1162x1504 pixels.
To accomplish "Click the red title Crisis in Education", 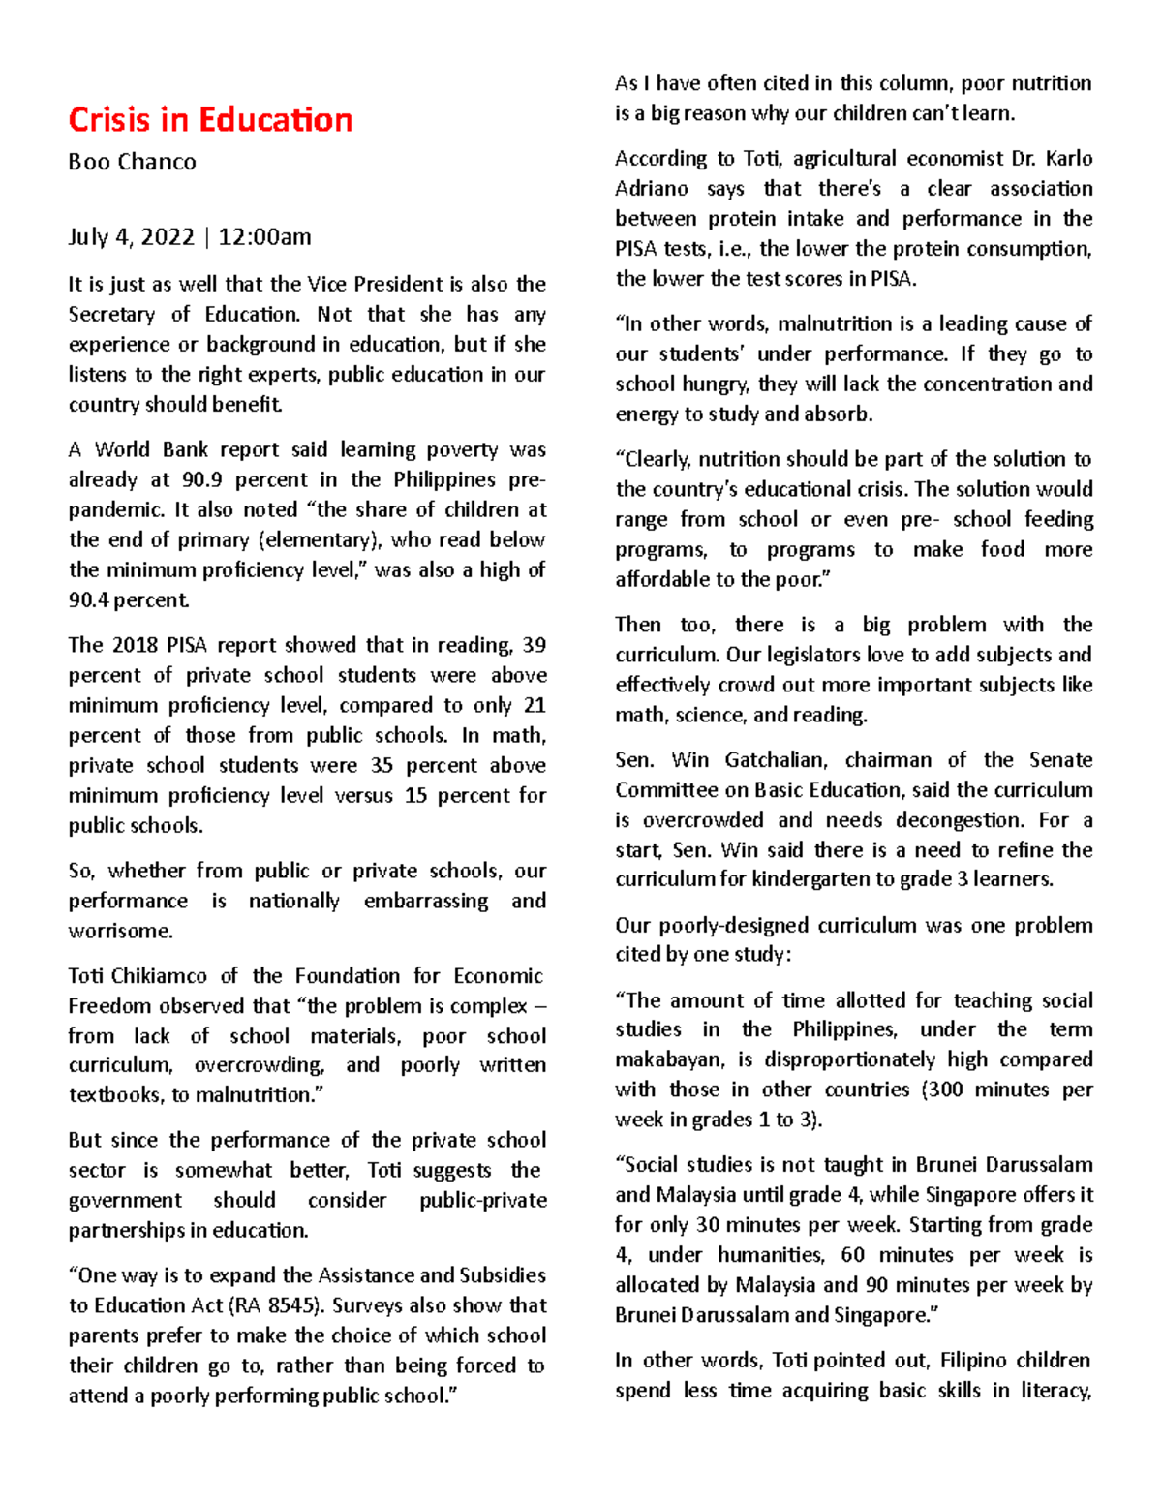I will pyautogui.click(x=210, y=120).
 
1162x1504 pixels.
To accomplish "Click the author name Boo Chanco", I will pyautogui.click(x=132, y=162).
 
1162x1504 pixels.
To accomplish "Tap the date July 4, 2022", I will pyautogui.click(x=131, y=237).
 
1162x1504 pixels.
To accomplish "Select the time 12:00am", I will pyautogui.click(x=264, y=237).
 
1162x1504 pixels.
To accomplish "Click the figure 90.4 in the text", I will pyautogui.click(x=89, y=600).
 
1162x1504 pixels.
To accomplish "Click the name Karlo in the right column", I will pyautogui.click(x=1069, y=159).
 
